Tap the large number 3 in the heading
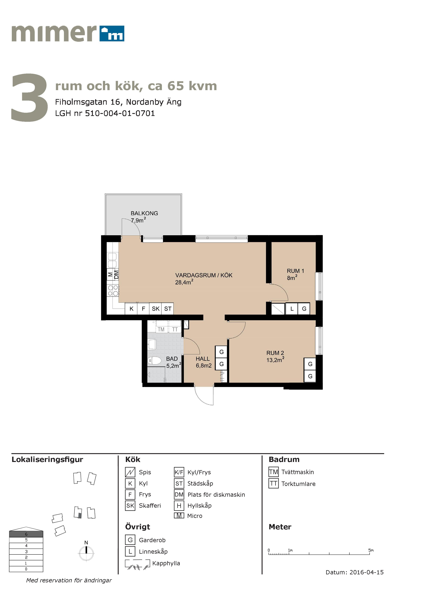pyautogui.click(x=30, y=97)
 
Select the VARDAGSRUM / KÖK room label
pyautogui.click(x=204, y=275)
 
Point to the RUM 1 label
pyautogui.click(x=295, y=271)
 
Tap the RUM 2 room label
pyautogui.click(x=275, y=353)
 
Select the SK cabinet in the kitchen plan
pyautogui.click(x=155, y=309)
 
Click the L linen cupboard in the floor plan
pyautogui.click(x=292, y=309)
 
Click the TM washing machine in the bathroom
pyautogui.click(x=161, y=329)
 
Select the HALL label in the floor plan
pyautogui.click(x=203, y=359)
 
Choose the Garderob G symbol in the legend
pyautogui.click(x=130, y=540)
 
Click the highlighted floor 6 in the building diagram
pyautogui.click(x=26, y=534)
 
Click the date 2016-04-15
pyautogui.click(x=367, y=572)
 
